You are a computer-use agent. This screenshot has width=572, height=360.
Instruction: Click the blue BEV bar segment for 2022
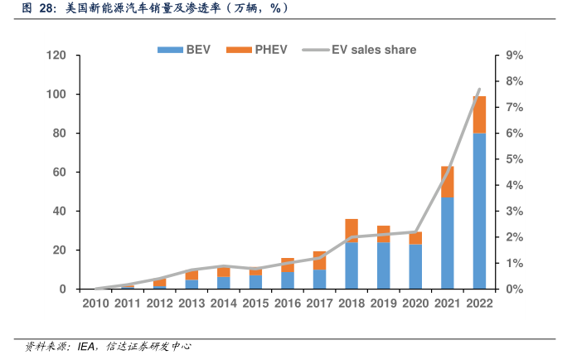pyautogui.click(x=479, y=211)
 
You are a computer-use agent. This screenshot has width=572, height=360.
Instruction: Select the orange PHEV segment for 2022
pyautogui.click(x=479, y=114)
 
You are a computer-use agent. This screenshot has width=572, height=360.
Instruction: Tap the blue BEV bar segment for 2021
pyautogui.click(x=448, y=242)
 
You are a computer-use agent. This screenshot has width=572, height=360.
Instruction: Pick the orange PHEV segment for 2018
pyautogui.click(x=351, y=231)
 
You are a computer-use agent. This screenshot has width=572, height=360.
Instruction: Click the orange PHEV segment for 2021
pyautogui.click(x=448, y=181)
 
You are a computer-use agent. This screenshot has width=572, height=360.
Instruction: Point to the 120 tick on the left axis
pyautogui.click(x=56, y=56)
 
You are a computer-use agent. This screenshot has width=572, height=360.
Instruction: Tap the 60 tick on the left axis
pyautogui.click(x=59, y=173)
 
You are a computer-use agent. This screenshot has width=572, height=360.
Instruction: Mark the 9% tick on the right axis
pyautogui.click(x=514, y=56)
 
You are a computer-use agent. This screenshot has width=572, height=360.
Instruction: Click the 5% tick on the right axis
pyautogui.click(x=514, y=159)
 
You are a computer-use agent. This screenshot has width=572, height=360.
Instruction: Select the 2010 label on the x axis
pyautogui.click(x=96, y=304)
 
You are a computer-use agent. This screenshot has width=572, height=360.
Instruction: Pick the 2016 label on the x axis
pyautogui.click(x=288, y=304)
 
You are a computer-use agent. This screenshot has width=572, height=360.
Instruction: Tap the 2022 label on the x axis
pyautogui.click(x=479, y=304)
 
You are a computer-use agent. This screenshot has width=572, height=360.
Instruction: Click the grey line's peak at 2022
pyautogui.click(x=479, y=90)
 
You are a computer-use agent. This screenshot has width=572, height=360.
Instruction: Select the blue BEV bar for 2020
pyautogui.click(x=415, y=266)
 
